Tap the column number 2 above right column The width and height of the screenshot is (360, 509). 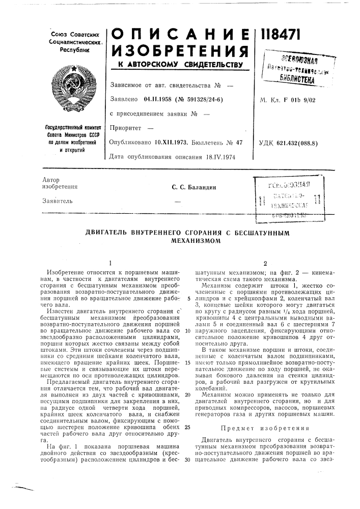point(265,264)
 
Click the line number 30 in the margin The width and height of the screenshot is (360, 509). point(188,461)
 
